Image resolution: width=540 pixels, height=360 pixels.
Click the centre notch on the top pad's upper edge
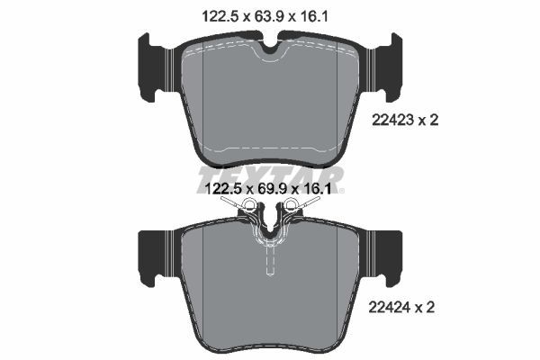tap(269, 47)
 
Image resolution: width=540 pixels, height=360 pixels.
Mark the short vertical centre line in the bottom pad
tap(269, 260)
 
